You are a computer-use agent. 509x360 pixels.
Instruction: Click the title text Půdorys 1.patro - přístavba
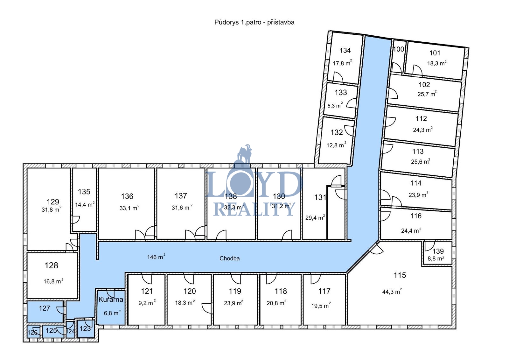pos(254,22)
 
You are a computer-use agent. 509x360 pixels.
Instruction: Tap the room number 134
pos(345,50)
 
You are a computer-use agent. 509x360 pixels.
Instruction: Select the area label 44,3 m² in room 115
pos(392,291)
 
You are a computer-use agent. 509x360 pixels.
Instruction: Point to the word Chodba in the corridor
pos(229,258)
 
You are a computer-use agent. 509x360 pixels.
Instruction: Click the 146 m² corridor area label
pos(156,257)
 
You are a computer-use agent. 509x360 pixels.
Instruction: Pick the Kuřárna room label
pos(111,299)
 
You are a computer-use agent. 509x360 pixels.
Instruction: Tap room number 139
pos(438,251)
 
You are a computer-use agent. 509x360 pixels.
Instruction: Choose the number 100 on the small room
pos(399,49)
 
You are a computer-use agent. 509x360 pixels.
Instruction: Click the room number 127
pos(44,308)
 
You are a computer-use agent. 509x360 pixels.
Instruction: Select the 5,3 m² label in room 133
pos(335,105)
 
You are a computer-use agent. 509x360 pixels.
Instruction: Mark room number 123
pos(85,328)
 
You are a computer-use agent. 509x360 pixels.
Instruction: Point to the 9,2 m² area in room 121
pos(147,303)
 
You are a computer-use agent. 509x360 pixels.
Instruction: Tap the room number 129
pos(53,201)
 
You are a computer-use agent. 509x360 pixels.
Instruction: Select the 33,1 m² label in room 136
pos(129,208)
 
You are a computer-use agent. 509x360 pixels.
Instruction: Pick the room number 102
pos(424,85)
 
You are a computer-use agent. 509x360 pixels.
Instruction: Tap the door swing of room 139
pos(430,246)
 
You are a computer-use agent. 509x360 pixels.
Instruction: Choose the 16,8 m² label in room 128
pos(53,281)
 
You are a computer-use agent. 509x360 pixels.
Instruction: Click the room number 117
pos(324,291)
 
